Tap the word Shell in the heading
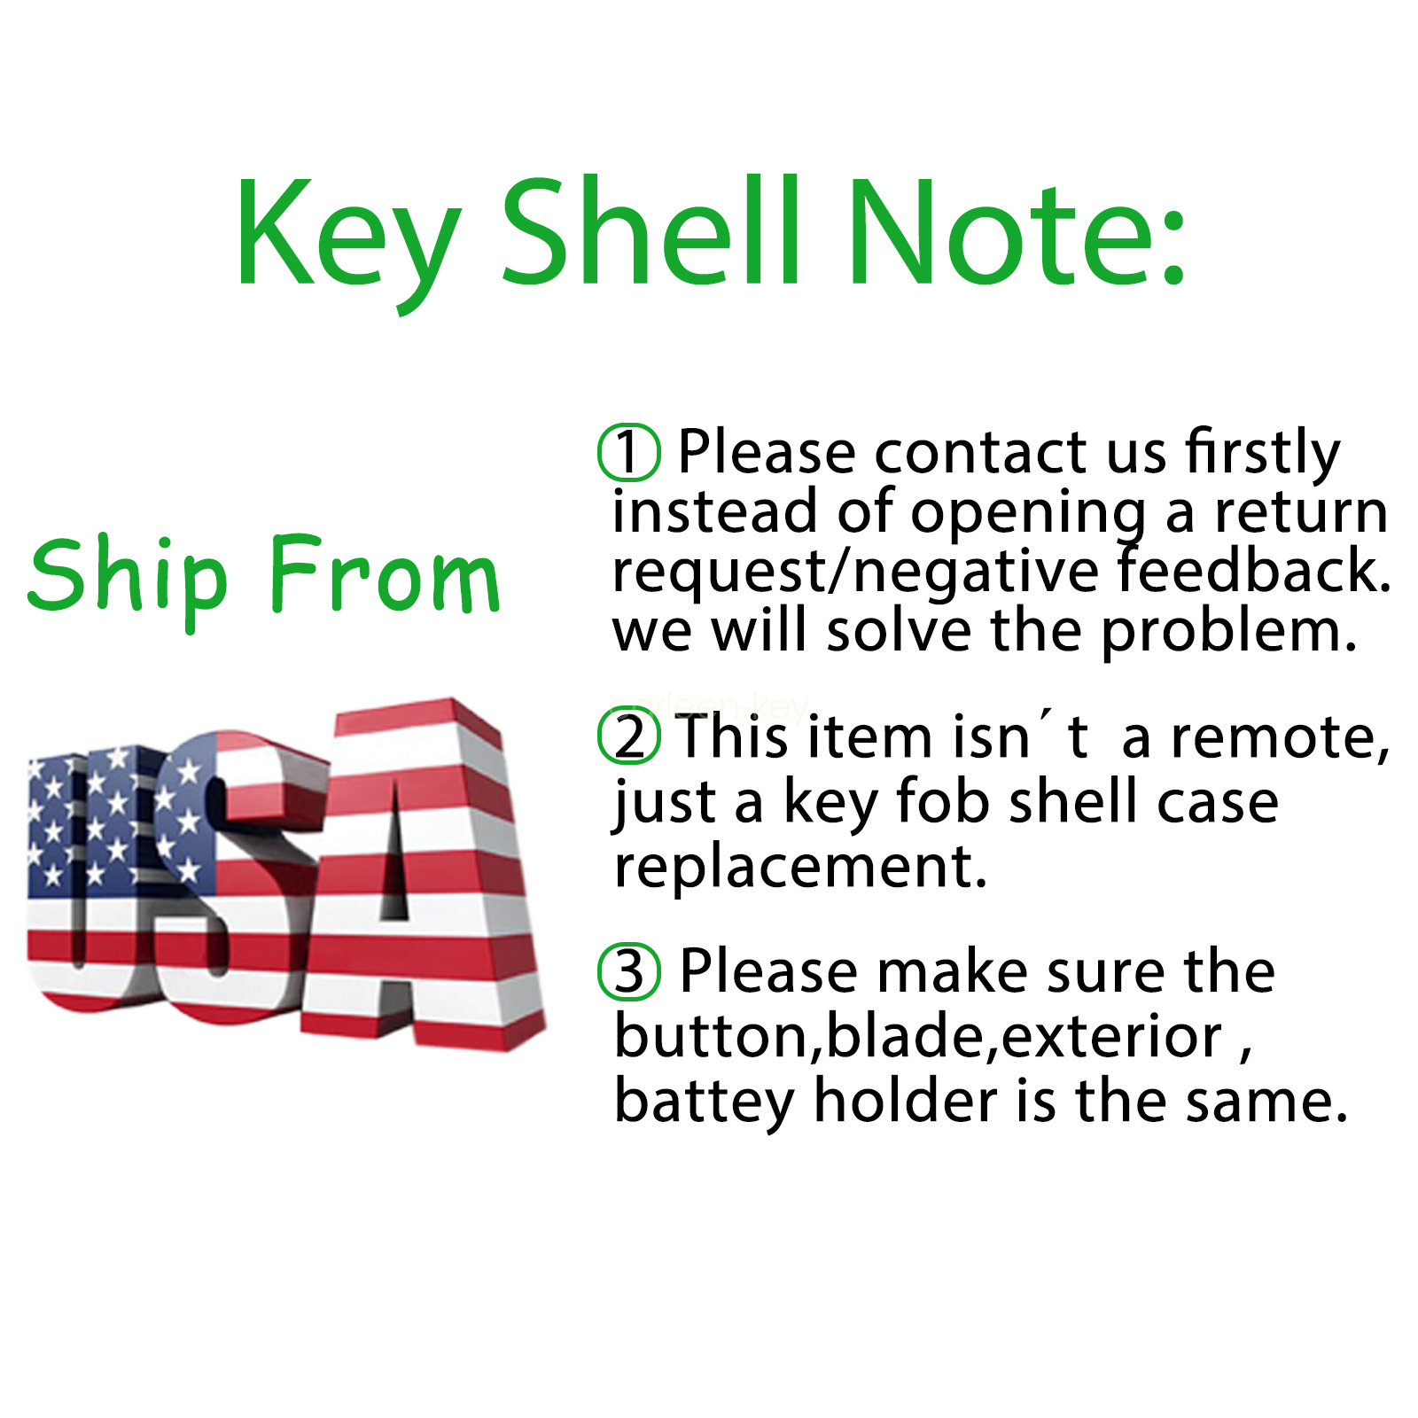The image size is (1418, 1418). click(651, 230)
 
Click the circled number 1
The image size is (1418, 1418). click(628, 452)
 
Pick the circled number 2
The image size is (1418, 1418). click(628, 736)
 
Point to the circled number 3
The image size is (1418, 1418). click(628, 971)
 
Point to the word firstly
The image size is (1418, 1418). click(1263, 454)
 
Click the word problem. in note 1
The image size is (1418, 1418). click(1229, 633)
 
